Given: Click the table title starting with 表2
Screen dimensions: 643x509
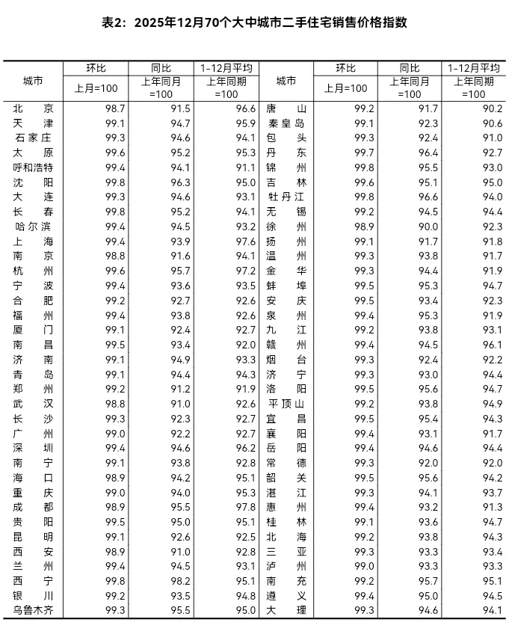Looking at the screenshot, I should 254,22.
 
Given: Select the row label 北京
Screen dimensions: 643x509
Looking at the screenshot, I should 33,108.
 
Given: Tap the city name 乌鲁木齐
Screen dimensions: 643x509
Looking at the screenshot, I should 33,611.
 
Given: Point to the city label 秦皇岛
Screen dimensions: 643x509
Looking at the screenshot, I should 286,123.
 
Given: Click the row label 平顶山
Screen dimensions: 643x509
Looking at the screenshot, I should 286,404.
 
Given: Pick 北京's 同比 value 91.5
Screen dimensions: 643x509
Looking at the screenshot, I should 180,108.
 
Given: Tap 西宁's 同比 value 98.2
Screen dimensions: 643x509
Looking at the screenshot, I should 180,581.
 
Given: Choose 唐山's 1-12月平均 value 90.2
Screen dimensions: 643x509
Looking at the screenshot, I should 493,108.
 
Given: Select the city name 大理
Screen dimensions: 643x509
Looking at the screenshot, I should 286,611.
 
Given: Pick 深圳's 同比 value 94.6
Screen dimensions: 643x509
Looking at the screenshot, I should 180,448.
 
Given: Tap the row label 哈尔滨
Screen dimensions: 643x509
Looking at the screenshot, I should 33,227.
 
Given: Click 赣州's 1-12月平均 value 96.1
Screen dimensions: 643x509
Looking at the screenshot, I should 493,345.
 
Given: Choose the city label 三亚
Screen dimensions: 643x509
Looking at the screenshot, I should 286,552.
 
